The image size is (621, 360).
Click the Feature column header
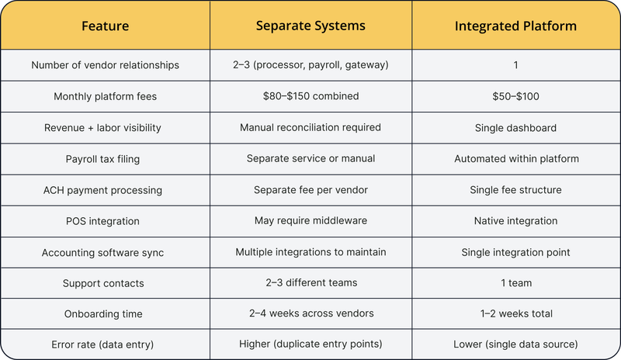coord(105,26)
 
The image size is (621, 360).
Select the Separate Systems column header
coord(310,26)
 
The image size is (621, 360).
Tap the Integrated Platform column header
coord(515,26)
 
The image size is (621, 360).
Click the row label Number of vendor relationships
coord(105,65)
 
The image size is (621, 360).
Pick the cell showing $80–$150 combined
coord(311,96)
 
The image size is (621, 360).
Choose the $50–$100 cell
coord(515,96)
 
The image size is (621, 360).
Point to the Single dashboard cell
coord(515,128)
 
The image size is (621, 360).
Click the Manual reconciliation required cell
coord(310,127)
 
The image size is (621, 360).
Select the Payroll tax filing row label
coord(102,159)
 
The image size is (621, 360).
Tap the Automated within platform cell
coord(516,159)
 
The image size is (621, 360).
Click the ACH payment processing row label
coord(102,190)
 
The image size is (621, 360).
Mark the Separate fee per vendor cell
coord(311,190)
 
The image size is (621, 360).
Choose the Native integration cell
coord(515,220)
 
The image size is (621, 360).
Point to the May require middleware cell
coord(311,220)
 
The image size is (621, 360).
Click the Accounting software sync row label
coord(102,253)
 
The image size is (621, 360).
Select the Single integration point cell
coord(515,252)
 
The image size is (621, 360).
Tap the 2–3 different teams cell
coord(311,282)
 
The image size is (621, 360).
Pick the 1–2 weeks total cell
coord(516,313)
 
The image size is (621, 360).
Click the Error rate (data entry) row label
coord(102,344)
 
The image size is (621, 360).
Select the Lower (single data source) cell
coord(515,344)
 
